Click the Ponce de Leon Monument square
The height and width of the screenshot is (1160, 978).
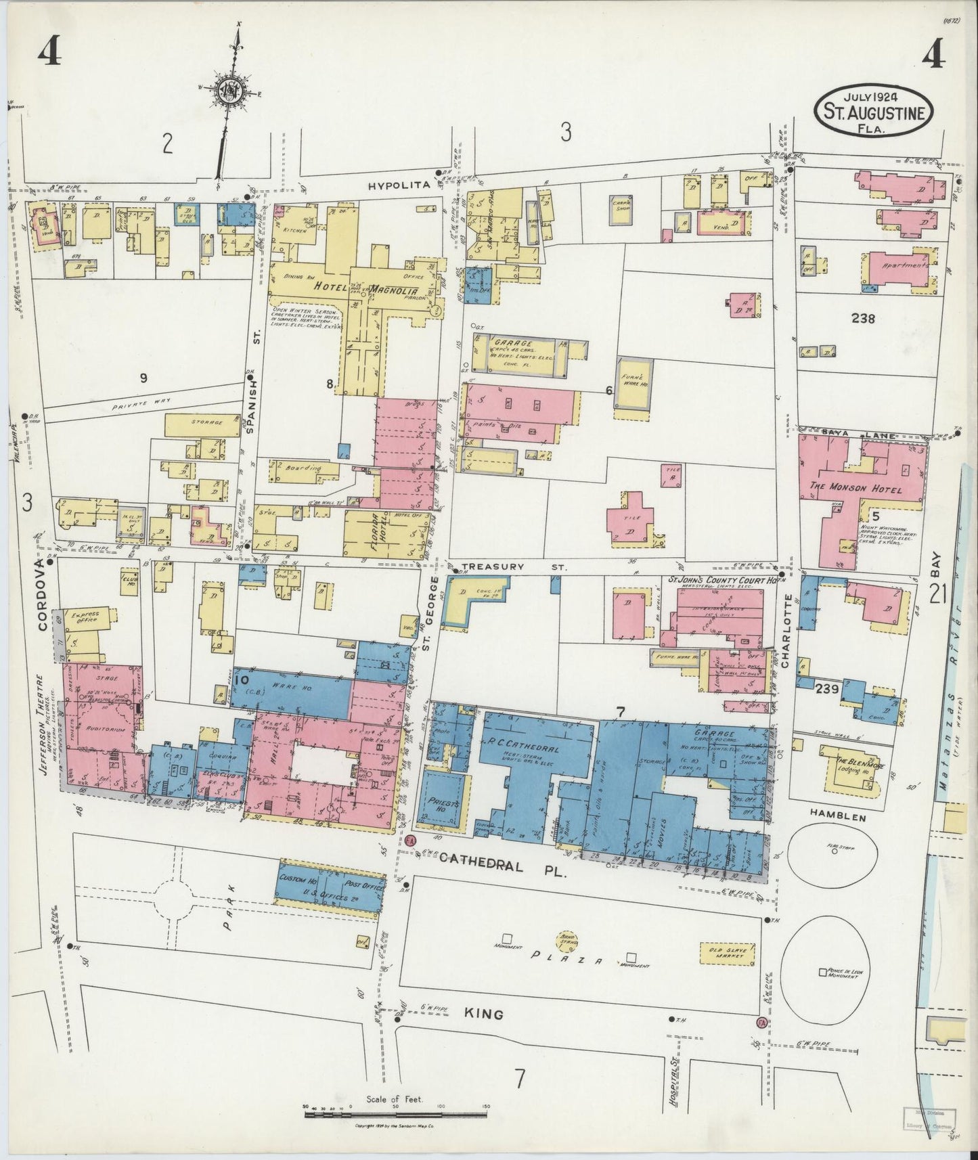[x=822, y=972]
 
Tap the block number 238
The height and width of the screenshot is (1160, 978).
[x=863, y=318]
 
